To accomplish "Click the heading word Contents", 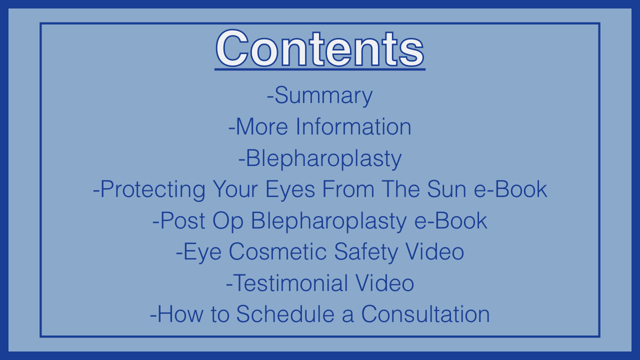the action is pyautogui.click(x=320, y=48).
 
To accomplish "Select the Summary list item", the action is pyautogui.click(x=319, y=95).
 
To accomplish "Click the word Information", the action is pyautogui.click(x=353, y=126).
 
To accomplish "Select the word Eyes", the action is pyautogui.click(x=290, y=189).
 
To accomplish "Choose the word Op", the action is pyautogui.click(x=228, y=221).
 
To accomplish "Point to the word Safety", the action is pyautogui.click(x=366, y=252).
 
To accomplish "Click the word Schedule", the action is pyautogui.click(x=285, y=314).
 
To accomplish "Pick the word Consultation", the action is pyautogui.click(x=425, y=314).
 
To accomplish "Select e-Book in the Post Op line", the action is pyautogui.click(x=450, y=220).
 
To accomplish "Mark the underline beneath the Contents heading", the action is pyautogui.click(x=320, y=69).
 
